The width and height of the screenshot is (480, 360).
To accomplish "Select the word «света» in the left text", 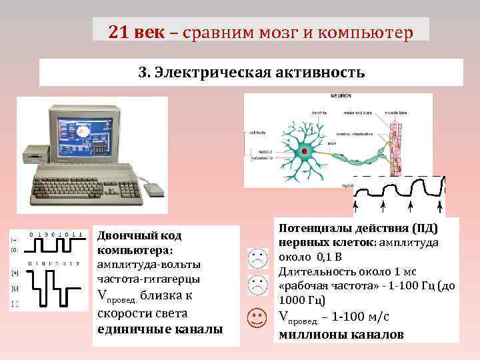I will click(x=167, y=313).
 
